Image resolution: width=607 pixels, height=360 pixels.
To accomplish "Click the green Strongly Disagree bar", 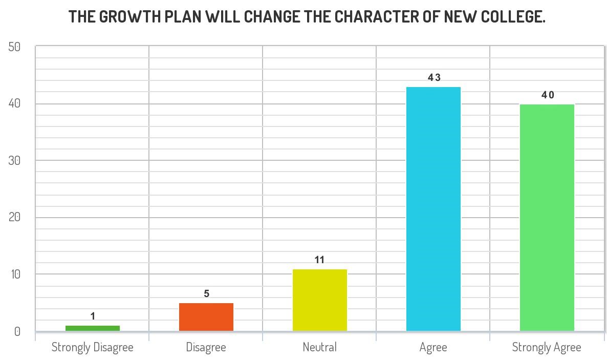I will tap(93, 328).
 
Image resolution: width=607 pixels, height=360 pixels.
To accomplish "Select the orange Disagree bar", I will tap(206, 317).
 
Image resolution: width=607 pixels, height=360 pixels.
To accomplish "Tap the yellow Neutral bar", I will tap(320, 300).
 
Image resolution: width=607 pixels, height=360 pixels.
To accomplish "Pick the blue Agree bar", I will tap(433, 209).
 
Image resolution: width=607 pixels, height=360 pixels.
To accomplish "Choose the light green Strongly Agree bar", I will tap(547, 218).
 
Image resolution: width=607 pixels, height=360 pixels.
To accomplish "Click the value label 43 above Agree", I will tap(434, 78).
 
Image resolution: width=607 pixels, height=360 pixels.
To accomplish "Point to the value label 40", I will tap(548, 95).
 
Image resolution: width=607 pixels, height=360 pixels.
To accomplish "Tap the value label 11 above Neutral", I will tap(320, 260).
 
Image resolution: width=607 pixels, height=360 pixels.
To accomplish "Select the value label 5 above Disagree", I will tap(207, 294).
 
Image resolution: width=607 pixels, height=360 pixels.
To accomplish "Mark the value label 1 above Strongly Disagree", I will tap(93, 316).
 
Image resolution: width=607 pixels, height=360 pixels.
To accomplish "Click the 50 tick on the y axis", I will tap(14, 47).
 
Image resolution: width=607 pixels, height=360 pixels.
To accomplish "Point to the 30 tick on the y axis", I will tap(14, 161).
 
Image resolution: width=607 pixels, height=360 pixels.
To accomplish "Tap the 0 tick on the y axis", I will tap(17, 332).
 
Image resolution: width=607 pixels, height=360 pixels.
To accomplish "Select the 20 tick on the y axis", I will tap(14, 218).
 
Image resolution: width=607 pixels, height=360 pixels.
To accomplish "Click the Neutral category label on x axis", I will tap(320, 347).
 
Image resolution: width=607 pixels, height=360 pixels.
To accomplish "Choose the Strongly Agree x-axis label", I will tap(547, 348).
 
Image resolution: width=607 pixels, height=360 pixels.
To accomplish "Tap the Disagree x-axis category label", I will tap(206, 347).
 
